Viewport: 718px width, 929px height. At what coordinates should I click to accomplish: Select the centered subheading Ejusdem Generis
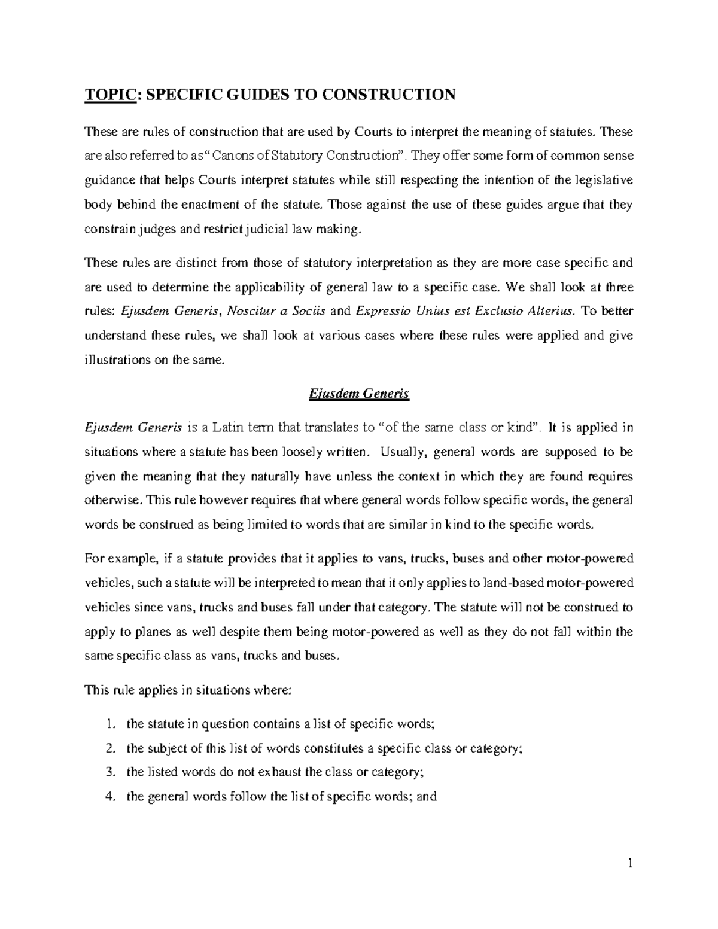[x=358, y=394]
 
